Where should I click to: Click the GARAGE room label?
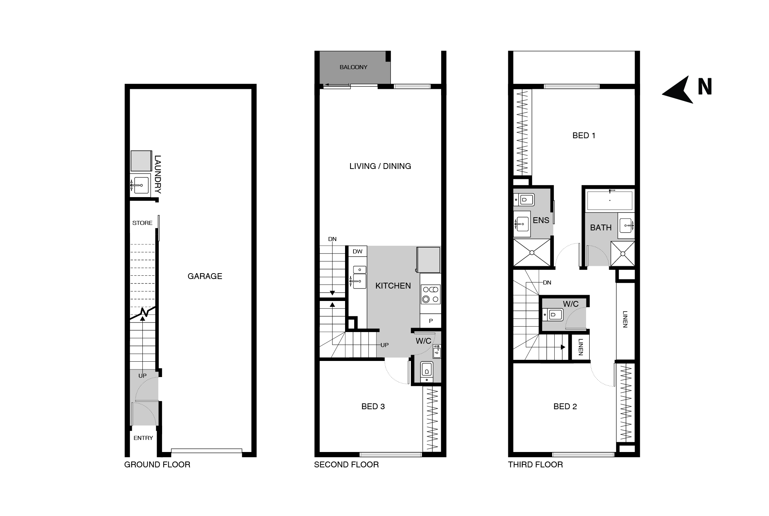205,276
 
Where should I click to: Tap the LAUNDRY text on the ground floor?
157,174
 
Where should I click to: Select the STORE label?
142,223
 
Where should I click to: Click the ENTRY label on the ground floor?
143,438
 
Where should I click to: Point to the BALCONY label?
353,67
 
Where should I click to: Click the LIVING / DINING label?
380,166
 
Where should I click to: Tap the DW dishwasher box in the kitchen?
357,251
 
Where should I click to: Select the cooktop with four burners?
431,294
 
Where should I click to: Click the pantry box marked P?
431,320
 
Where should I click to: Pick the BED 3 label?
373,406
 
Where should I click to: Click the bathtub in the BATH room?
609,200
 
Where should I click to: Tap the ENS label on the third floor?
541,220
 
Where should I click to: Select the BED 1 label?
584,135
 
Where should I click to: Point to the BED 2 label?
565,406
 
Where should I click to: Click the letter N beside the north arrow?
705,87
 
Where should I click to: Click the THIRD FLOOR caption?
535,464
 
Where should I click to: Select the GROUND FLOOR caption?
157,464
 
